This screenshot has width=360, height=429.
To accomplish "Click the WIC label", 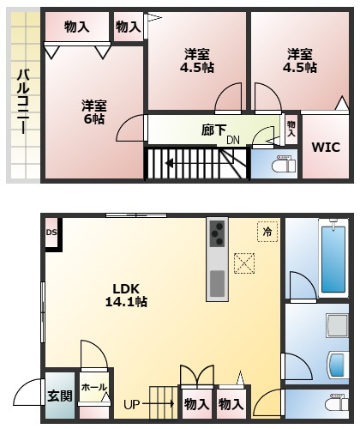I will coord(324,147).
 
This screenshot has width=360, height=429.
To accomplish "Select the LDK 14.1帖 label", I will coord(126,294).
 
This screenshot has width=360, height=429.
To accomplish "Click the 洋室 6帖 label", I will coord(94,112).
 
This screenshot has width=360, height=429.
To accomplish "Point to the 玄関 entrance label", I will coord(60,396).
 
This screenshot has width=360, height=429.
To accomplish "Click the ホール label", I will coord(93,388).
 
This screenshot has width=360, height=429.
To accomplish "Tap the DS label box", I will coord(51,233).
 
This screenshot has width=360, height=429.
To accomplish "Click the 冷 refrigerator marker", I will coord(267,232).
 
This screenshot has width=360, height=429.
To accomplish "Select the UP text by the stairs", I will coord(131,403).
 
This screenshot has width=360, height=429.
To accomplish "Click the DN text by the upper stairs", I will coord(233,140).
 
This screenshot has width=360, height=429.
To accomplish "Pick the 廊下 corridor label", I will coord(214,130).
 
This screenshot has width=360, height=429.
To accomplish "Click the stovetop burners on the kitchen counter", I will coord(218,232).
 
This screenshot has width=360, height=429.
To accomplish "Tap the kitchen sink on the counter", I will coord(218,282).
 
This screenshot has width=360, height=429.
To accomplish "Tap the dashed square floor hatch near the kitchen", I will coord(246,263).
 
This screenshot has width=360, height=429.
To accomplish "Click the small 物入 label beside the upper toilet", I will coord(291,129).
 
